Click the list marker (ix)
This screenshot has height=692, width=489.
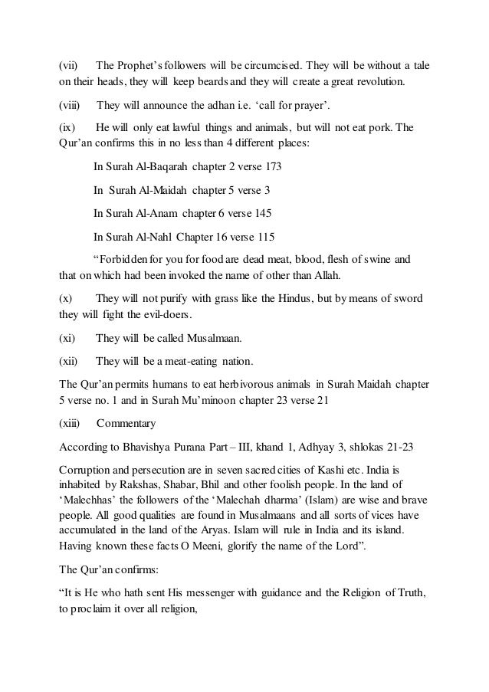point(67,126)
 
